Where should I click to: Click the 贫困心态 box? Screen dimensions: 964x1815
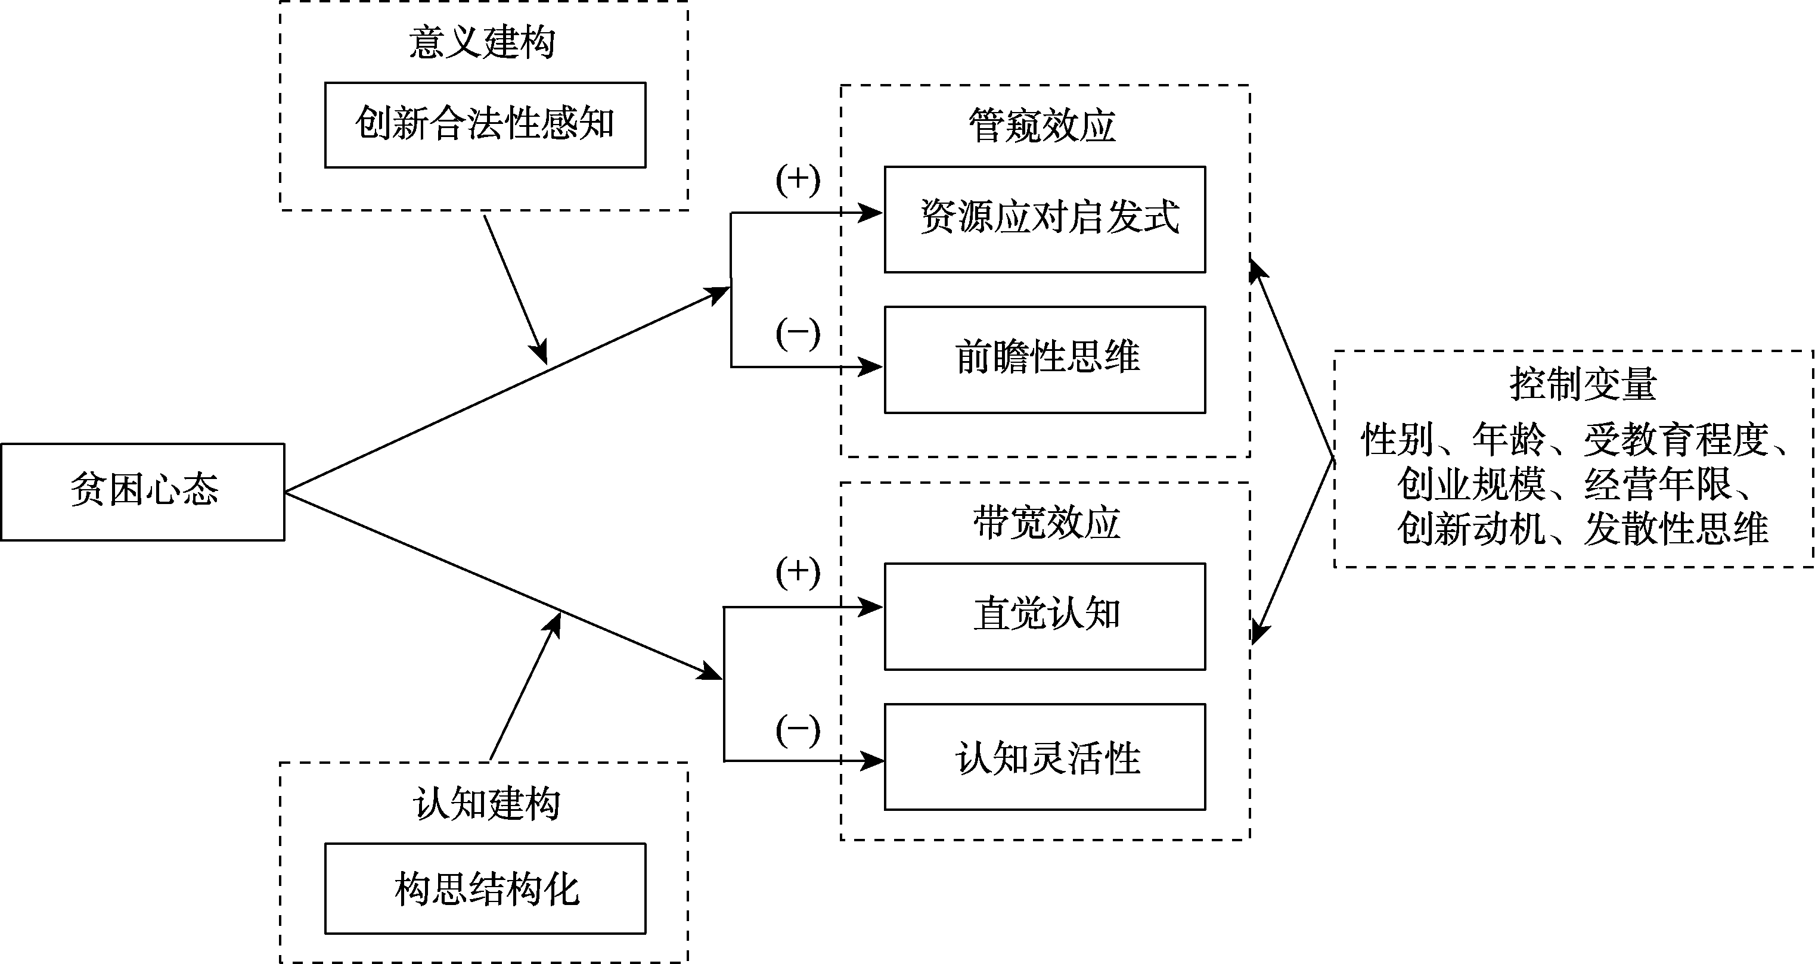pos(142,492)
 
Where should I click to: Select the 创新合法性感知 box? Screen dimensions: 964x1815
pos(485,125)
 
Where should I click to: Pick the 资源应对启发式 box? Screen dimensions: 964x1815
pos(1045,219)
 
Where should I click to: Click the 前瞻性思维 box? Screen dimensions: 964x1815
pos(1045,359)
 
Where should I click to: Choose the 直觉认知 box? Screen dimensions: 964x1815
pos(1045,616)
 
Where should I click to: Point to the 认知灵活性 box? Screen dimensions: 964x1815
pos(1045,757)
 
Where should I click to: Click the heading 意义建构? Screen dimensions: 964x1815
pos(483,42)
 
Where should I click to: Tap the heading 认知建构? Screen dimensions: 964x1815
pos(486,804)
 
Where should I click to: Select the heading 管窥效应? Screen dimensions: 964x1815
pos(1042,126)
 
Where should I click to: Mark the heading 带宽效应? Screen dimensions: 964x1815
pos(1046,523)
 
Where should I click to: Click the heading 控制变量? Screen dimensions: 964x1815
pos(1583,384)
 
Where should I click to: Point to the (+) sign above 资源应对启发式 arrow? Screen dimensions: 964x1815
pos(798,181)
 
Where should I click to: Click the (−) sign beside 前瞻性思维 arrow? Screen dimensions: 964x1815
pos(798,334)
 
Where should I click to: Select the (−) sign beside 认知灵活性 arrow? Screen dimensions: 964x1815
pos(798,730)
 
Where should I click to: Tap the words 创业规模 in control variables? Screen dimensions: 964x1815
pos(1471,484)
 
